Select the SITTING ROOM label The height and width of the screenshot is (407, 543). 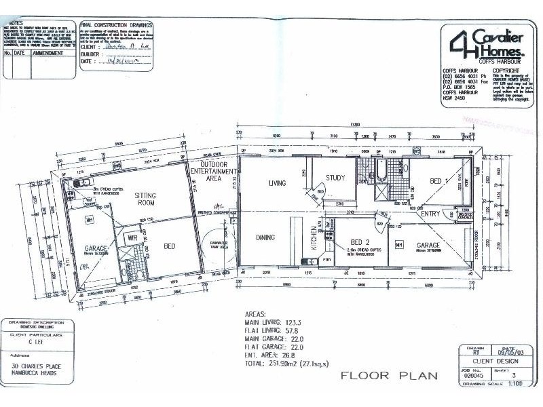[145, 198]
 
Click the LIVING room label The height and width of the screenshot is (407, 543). [277, 182]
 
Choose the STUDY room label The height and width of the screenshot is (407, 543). [335, 178]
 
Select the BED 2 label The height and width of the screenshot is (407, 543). [360, 242]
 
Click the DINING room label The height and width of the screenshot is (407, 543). [265, 237]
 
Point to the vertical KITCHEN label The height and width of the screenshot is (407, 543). [314, 238]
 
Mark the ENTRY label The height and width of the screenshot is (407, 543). [430, 214]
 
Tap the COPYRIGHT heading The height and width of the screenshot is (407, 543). [505, 70]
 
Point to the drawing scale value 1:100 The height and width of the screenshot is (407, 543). [516, 384]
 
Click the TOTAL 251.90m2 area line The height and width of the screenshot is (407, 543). [285, 364]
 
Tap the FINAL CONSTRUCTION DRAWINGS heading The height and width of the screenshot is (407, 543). [112, 22]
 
